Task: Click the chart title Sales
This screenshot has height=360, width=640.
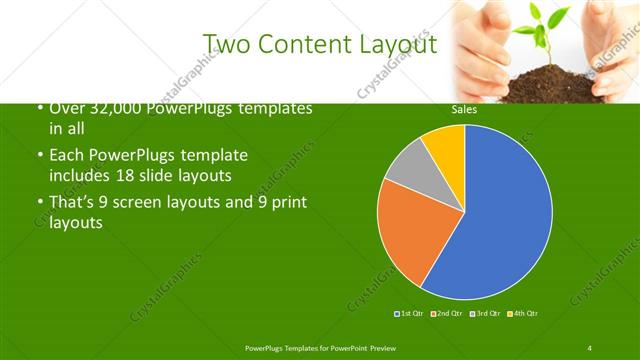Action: click(x=464, y=110)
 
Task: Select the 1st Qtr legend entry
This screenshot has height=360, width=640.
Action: click(x=410, y=314)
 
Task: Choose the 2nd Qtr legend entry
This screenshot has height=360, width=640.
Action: click(x=447, y=314)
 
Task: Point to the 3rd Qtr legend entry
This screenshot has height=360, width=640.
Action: click(x=486, y=314)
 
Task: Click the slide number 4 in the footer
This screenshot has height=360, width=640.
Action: click(x=589, y=347)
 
